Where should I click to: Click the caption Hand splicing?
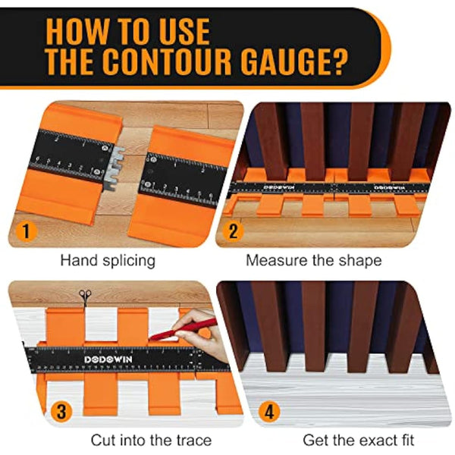tap(108, 260)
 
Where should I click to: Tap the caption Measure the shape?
tap(313, 260)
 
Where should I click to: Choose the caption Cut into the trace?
tap(151, 440)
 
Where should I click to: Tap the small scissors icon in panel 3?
tap(83, 294)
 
